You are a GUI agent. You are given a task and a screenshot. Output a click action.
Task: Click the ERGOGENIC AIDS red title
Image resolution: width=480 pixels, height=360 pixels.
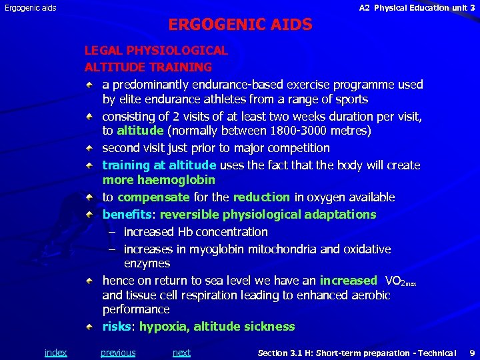(240, 25)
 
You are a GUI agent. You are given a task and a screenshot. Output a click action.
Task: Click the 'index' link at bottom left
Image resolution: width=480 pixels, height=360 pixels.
(55, 353)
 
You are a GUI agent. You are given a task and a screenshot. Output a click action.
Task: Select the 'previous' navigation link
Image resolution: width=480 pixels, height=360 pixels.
(117, 353)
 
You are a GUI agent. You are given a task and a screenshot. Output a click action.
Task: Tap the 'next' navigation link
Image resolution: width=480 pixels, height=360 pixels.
(181, 353)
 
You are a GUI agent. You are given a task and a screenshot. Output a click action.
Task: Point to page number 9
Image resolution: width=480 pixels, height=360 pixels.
(471, 353)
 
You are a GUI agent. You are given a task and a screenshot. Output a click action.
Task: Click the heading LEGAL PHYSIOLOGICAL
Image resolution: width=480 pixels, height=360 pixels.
(156, 50)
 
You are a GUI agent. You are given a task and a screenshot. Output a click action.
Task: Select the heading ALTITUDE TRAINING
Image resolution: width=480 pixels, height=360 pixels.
(148, 67)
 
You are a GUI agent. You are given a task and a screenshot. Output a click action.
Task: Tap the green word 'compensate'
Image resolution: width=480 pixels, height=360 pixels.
(153, 197)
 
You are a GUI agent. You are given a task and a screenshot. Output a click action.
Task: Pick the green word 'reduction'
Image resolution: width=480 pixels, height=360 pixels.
(261, 197)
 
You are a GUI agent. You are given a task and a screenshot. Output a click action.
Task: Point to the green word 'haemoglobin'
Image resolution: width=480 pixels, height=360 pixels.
(176, 180)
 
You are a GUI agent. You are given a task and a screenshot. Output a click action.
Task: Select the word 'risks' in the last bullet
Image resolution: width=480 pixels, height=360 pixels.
(117, 327)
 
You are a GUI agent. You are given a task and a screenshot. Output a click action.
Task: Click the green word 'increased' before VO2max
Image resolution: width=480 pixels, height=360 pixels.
(348, 281)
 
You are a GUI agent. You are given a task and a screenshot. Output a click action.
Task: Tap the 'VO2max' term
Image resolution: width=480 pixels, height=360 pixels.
(400, 281)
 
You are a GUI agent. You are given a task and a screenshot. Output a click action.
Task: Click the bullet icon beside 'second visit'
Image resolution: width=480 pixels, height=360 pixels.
(89, 148)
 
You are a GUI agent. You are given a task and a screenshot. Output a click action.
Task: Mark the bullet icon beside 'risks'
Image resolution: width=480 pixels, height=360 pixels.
(89, 327)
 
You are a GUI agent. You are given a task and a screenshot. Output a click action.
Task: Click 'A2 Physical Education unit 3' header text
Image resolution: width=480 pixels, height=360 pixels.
(417, 8)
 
